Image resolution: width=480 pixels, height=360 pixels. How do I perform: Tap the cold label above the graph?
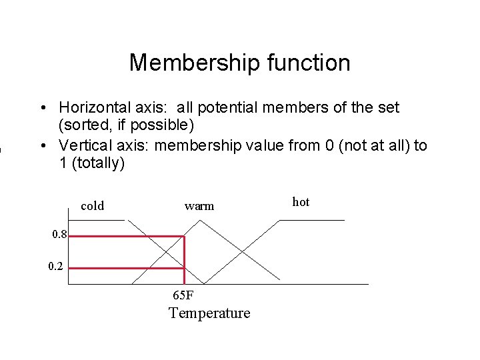pos(92,206)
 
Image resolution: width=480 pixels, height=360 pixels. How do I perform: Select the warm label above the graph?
pos(199,206)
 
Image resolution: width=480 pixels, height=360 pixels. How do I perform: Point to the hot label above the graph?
pos(301,202)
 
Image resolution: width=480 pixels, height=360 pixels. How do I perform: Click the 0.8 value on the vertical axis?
pos(58,234)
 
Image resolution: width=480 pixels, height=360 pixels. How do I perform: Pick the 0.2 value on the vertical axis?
pos(57,267)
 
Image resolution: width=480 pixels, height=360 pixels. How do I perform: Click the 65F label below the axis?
pos(183,295)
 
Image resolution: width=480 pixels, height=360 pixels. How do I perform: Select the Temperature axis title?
pos(209,313)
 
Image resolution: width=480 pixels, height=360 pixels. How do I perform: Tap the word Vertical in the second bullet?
pos(84,145)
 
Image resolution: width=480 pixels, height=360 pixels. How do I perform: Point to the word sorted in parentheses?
pos(85,125)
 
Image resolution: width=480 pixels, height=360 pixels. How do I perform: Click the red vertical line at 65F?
pos(184,260)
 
